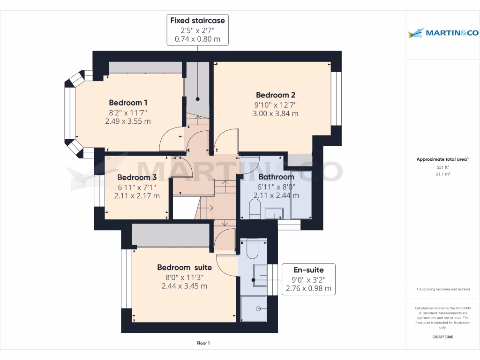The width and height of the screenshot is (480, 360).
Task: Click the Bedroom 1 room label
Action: (x=128, y=103)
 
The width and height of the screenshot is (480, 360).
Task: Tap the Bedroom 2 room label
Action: (x=275, y=95)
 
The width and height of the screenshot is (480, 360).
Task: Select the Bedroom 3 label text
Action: (x=137, y=177)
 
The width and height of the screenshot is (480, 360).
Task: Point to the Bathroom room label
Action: (x=276, y=177)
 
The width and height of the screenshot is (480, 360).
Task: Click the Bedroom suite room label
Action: (x=184, y=267)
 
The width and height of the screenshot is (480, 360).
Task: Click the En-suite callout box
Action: (x=308, y=279)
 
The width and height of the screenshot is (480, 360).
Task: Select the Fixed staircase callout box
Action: (x=197, y=30)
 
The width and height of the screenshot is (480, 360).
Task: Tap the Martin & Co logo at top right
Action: (x=442, y=33)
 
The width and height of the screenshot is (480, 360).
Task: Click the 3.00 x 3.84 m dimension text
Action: (x=275, y=113)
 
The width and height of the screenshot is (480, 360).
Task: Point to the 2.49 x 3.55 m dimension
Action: (x=128, y=121)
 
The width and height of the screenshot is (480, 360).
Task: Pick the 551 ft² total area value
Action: (x=442, y=167)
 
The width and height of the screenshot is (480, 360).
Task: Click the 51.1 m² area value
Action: (x=442, y=174)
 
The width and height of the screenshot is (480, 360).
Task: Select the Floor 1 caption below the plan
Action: (x=203, y=343)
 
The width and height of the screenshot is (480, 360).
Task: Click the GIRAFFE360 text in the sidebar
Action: (x=442, y=337)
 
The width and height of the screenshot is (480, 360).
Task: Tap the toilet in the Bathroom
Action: (x=255, y=209)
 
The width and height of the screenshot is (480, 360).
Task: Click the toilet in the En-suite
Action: (x=252, y=249)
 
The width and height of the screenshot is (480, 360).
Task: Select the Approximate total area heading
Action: (x=442, y=159)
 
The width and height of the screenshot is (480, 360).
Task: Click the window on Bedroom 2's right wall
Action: (x=337, y=98)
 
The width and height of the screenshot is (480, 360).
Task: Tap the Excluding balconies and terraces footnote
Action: (x=442, y=289)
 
